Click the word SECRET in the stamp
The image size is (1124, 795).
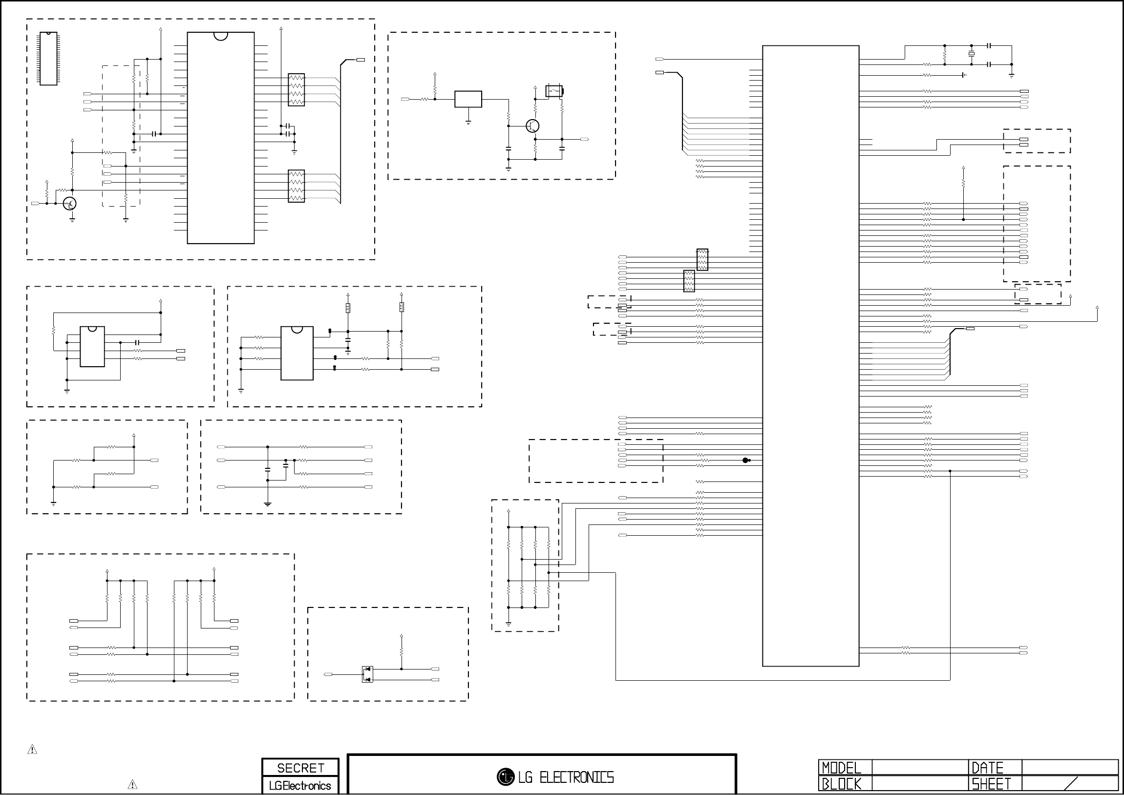(300, 768)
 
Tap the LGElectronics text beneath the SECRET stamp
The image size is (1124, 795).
(300, 786)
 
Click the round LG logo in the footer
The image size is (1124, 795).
(505, 776)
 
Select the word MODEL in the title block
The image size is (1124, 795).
(841, 768)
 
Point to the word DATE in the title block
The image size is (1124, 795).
(987, 768)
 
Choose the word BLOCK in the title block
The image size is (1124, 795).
(841, 784)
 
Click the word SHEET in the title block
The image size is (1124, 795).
(991, 784)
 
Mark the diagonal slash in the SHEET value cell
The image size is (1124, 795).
(1071, 784)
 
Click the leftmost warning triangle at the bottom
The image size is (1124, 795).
(32, 750)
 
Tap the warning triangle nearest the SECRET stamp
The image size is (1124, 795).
(132, 785)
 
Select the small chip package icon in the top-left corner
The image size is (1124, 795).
(48, 59)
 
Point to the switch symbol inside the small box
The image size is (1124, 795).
(554, 91)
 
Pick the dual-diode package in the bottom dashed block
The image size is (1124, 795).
(367, 674)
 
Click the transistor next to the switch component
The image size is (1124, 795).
(532, 126)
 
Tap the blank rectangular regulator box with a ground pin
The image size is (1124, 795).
(468, 99)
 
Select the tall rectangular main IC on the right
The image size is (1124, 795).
(810, 356)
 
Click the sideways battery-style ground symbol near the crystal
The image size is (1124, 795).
(963, 75)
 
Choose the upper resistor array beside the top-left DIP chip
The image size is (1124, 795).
(296, 90)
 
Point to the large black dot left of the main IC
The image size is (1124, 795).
(745, 460)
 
